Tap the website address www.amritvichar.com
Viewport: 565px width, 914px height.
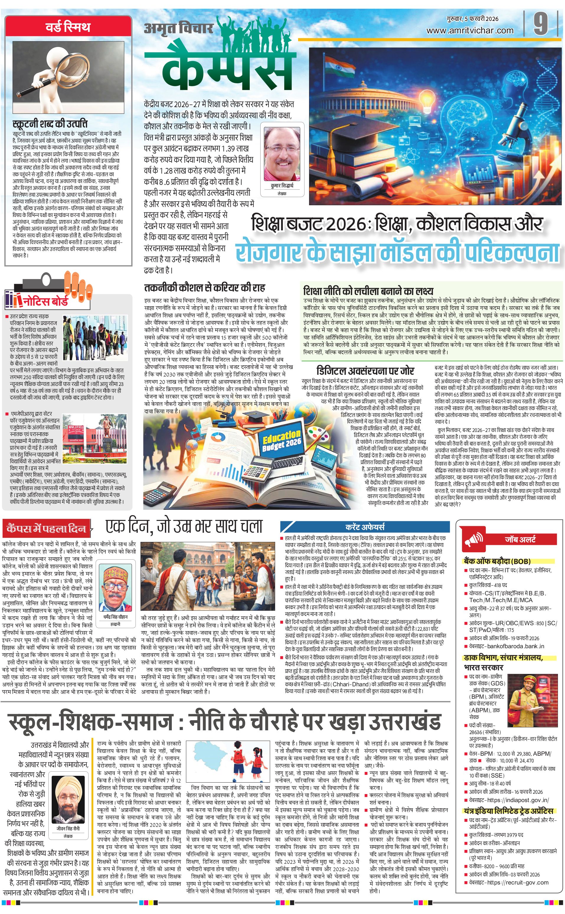(x=470, y=31)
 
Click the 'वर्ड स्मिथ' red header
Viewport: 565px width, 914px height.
(x=68, y=27)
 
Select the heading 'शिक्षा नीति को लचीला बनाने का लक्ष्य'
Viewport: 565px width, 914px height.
(x=368, y=291)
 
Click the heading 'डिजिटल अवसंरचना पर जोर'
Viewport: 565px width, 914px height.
(x=365, y=370)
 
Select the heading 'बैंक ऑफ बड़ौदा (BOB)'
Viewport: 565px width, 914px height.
(x=496, y=561)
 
